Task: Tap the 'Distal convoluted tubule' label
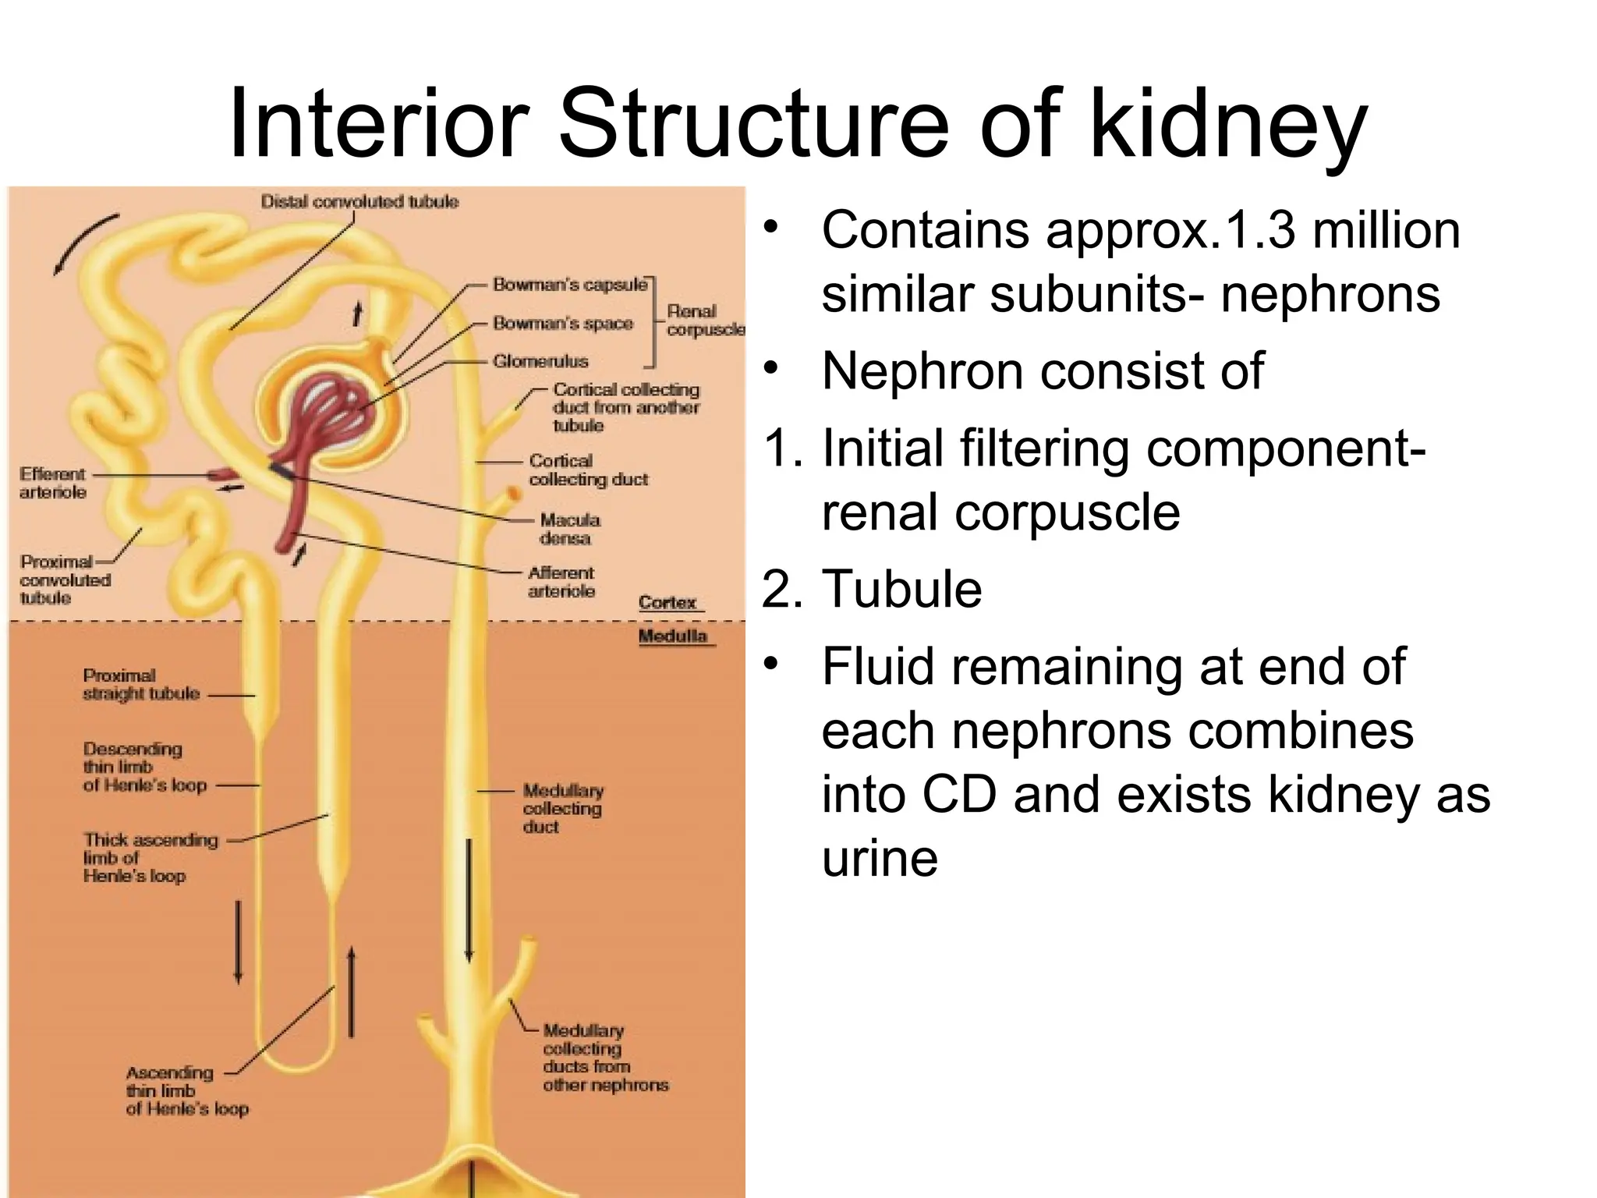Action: [359, 202]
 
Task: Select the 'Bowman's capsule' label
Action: [569, 285]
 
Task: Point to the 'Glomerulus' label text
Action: [540, 361]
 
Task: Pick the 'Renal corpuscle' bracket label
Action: [702, 320]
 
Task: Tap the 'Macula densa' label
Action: [569, 529]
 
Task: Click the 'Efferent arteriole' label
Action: [53, 483]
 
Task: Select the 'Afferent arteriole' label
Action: [561, 582]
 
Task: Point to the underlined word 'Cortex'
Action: [667, 602]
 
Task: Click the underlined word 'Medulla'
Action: [673, 636]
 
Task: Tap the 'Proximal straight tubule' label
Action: [140, 684]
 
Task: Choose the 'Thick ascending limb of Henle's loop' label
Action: [150, 857]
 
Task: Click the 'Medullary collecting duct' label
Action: [562, 808]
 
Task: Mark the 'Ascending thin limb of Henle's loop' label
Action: [186, 1090]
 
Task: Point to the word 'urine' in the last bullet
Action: [880, 859]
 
